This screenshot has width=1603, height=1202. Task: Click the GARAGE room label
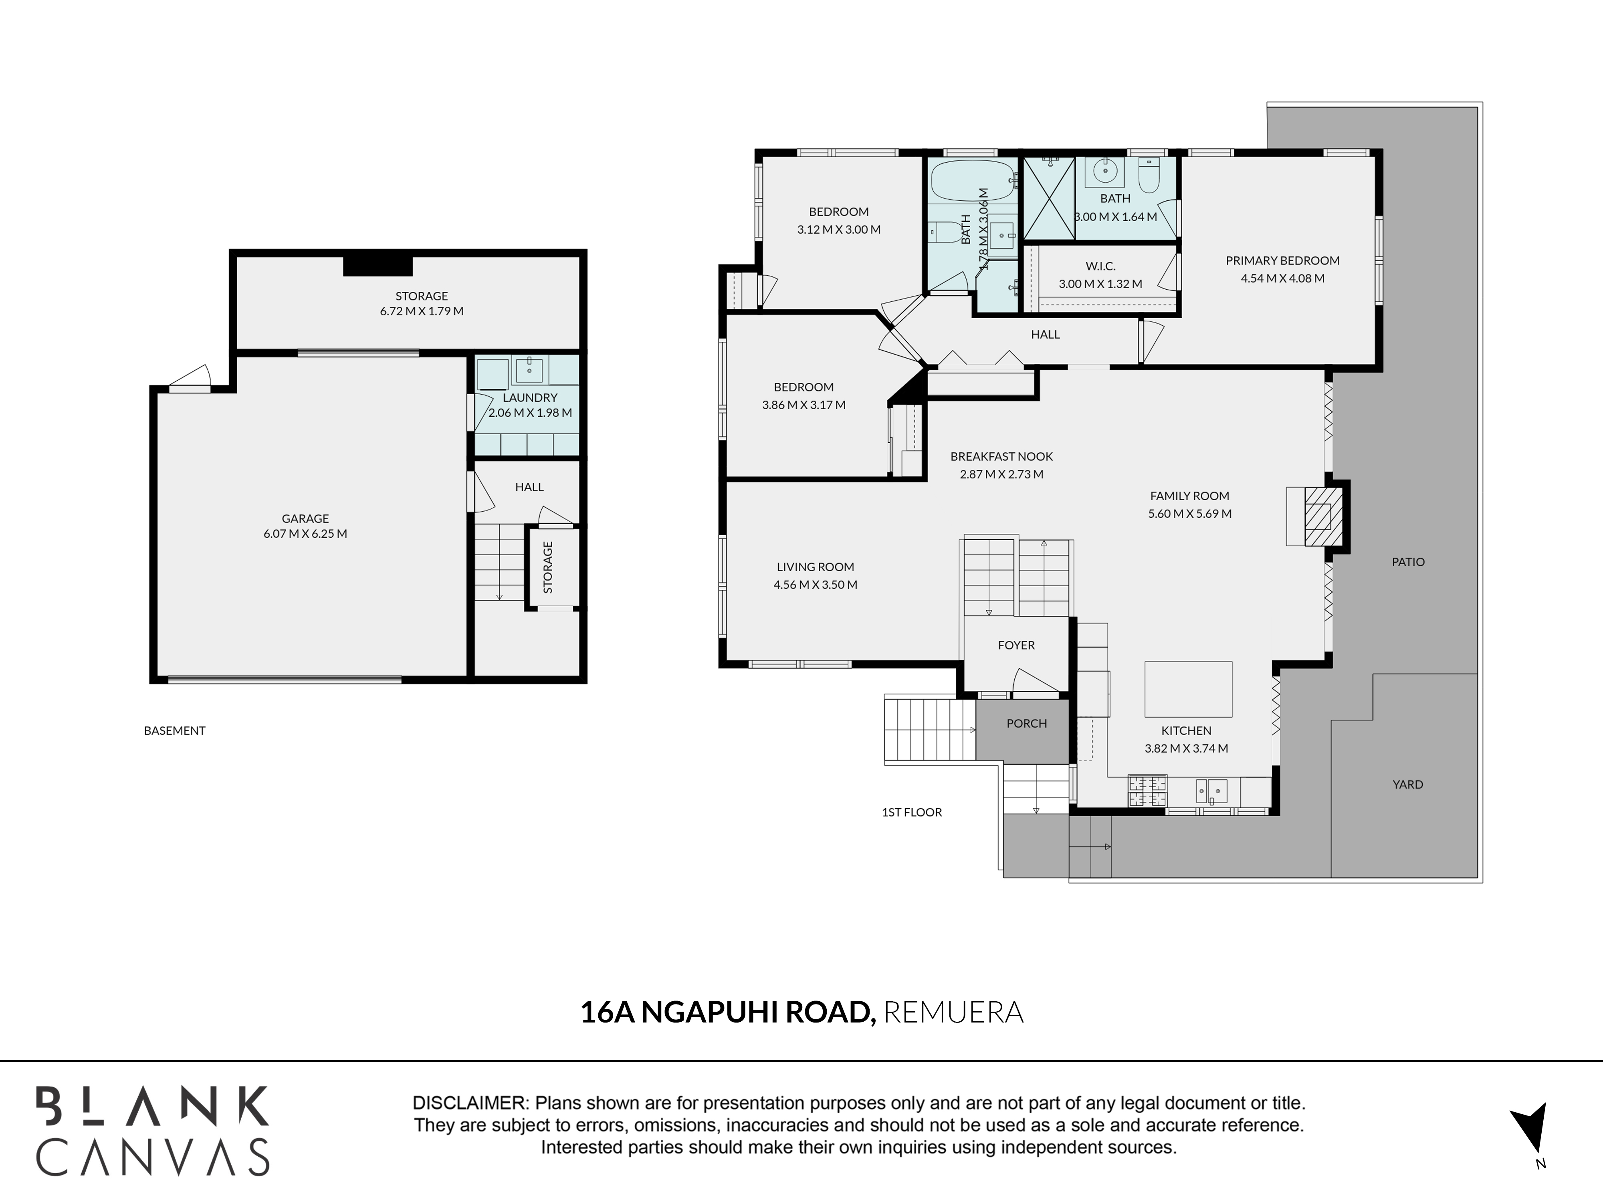pos(305,518)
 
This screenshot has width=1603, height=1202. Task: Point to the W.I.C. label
pos(1100,266)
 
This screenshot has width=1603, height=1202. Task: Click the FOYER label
pos(1016,645)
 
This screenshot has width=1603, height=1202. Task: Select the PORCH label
pos(1027,723)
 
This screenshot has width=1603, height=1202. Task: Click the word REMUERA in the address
pos(954,1012)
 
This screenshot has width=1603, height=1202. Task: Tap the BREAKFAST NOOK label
pos(1001,456)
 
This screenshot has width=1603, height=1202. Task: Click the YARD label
pos(1408,784)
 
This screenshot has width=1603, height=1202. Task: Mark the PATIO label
pos(1408,561)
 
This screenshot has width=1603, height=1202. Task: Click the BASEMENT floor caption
pos(175,730)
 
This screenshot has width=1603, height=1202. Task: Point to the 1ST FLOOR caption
pos(912,812)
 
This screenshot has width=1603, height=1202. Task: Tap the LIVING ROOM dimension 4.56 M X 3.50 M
pos(815,585)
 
